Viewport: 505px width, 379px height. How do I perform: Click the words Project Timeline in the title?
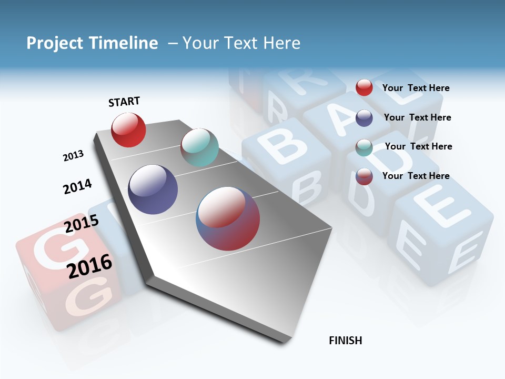tap(92, 43)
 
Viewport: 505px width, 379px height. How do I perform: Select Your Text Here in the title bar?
tap(241, 43)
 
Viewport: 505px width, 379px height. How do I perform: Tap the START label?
tap(124, 102)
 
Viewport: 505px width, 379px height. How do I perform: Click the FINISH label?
tap(346, 341)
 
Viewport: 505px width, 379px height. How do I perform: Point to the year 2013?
tap(73, 155)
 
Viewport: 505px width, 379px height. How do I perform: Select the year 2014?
tap(77, 186)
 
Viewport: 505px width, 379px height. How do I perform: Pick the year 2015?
tap(82, 224)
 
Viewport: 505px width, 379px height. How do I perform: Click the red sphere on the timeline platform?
tap(128, 130)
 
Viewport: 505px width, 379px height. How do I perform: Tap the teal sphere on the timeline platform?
tap(199, 147)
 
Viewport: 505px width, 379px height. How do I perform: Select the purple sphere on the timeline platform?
tap(153, 189)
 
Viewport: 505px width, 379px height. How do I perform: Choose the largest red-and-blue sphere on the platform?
tap(228, 218)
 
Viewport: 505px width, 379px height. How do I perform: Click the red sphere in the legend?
tap(364, 87)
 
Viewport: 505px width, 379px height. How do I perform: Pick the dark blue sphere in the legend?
tap(364, 118)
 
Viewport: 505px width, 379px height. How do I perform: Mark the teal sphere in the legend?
tap(364, 147)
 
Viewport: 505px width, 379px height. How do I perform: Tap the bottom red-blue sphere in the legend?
tap(364, 176)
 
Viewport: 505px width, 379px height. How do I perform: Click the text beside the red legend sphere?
tap(416, 88)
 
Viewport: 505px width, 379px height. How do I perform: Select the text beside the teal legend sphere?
tap(418, 146)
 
